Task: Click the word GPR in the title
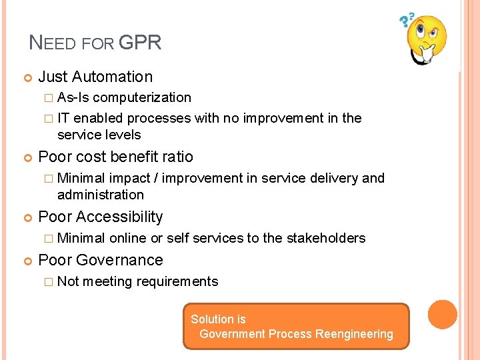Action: tap(139, 43)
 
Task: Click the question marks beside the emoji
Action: tap(406, 21)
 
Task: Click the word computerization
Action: tap(142, 97)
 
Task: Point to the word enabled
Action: tap(99, 118)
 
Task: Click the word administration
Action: tap(101, 195)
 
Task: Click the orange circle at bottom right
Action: tap(442, 315)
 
